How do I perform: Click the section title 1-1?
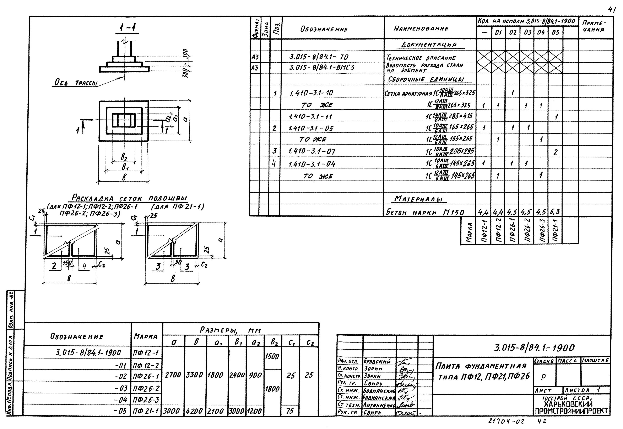coord(127,28)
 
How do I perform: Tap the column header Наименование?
coord(421,28)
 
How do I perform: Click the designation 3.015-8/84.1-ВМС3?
coord(321,67)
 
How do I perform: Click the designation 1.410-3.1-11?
coord(310,117)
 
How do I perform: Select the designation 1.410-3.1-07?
coord(312,152)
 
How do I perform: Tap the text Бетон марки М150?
coord(425,212)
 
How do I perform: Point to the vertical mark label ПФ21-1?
coord(555,231)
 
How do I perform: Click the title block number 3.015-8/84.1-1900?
coord(534,348)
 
